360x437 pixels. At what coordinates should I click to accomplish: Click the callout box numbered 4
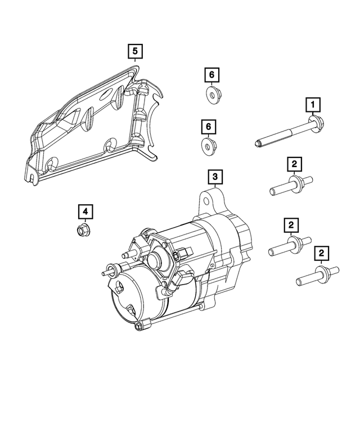click(85, 211)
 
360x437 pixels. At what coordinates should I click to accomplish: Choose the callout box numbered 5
click(135, 52)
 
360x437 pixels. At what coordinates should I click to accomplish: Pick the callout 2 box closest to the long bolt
click(293, 164)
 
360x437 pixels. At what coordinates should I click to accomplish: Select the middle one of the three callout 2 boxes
click(291, 226)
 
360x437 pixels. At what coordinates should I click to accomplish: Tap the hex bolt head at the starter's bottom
click(138, 326)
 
